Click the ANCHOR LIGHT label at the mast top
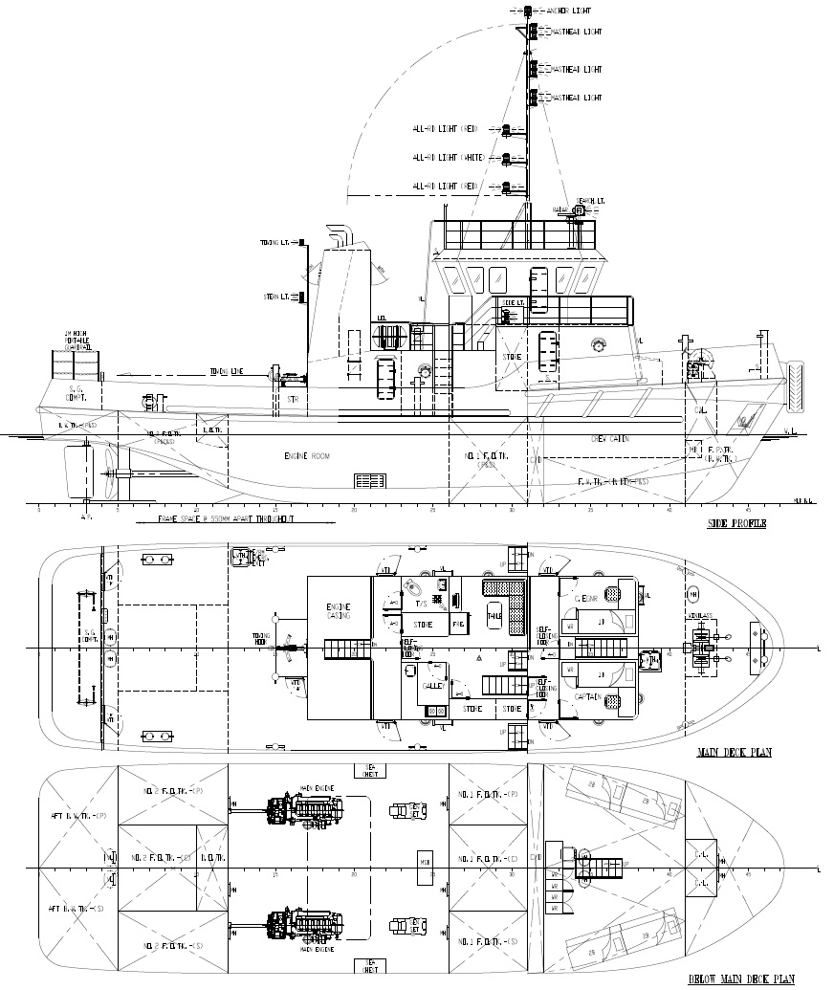point(570,11)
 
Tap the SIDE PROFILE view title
point(736,524)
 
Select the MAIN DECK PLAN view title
point(734,753)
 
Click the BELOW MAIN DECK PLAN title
point(741,979)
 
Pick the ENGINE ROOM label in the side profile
point(307,457)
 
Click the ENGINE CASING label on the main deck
point(339,611)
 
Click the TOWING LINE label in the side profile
point(227,371)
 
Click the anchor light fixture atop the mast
point(528,11)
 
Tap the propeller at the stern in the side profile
point(112,471)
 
